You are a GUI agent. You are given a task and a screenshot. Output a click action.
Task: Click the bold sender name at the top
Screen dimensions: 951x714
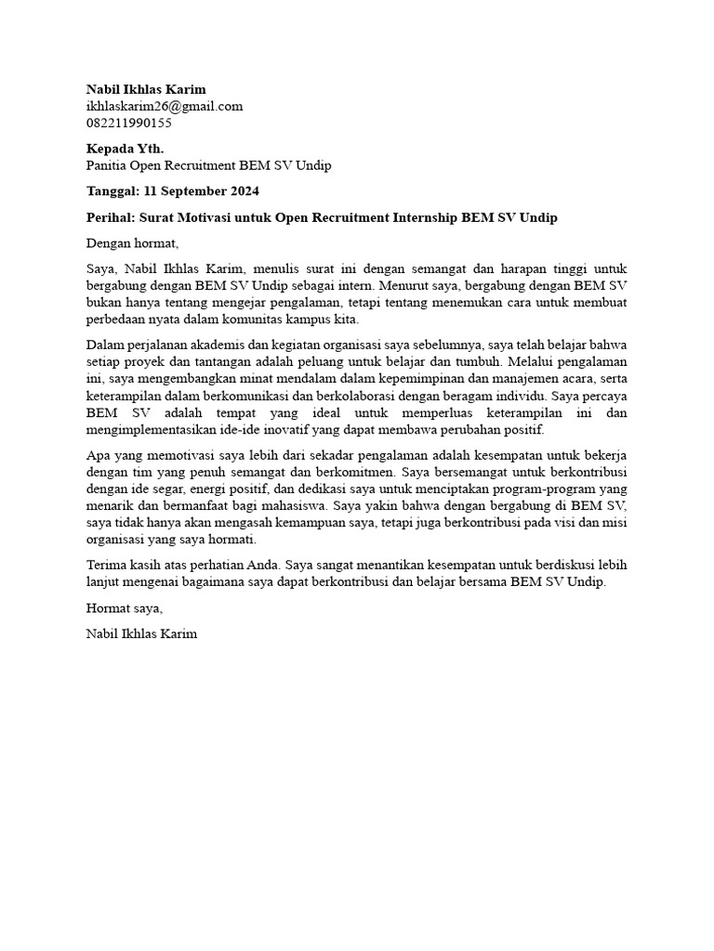click(146, 89)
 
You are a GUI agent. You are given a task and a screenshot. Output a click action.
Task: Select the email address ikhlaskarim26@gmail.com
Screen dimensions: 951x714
click(165, 106)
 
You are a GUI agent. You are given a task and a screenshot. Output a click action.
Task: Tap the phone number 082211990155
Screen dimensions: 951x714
click(128, 123)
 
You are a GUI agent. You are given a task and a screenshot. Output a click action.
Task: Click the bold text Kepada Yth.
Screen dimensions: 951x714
click(125, 149)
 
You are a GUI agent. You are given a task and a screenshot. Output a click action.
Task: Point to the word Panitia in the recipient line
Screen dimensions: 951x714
click(107, 165)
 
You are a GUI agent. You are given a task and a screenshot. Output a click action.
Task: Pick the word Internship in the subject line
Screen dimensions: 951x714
click(428, 217)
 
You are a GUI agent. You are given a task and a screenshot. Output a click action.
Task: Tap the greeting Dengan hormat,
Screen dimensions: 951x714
click(131, 243)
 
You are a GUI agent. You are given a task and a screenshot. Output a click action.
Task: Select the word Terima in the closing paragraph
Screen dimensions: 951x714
click(105, 565)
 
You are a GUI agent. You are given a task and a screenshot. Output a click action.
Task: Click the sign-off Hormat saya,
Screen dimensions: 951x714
click(124, 608)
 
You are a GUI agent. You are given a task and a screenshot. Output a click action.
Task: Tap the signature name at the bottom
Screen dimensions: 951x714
click(141, 634)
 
